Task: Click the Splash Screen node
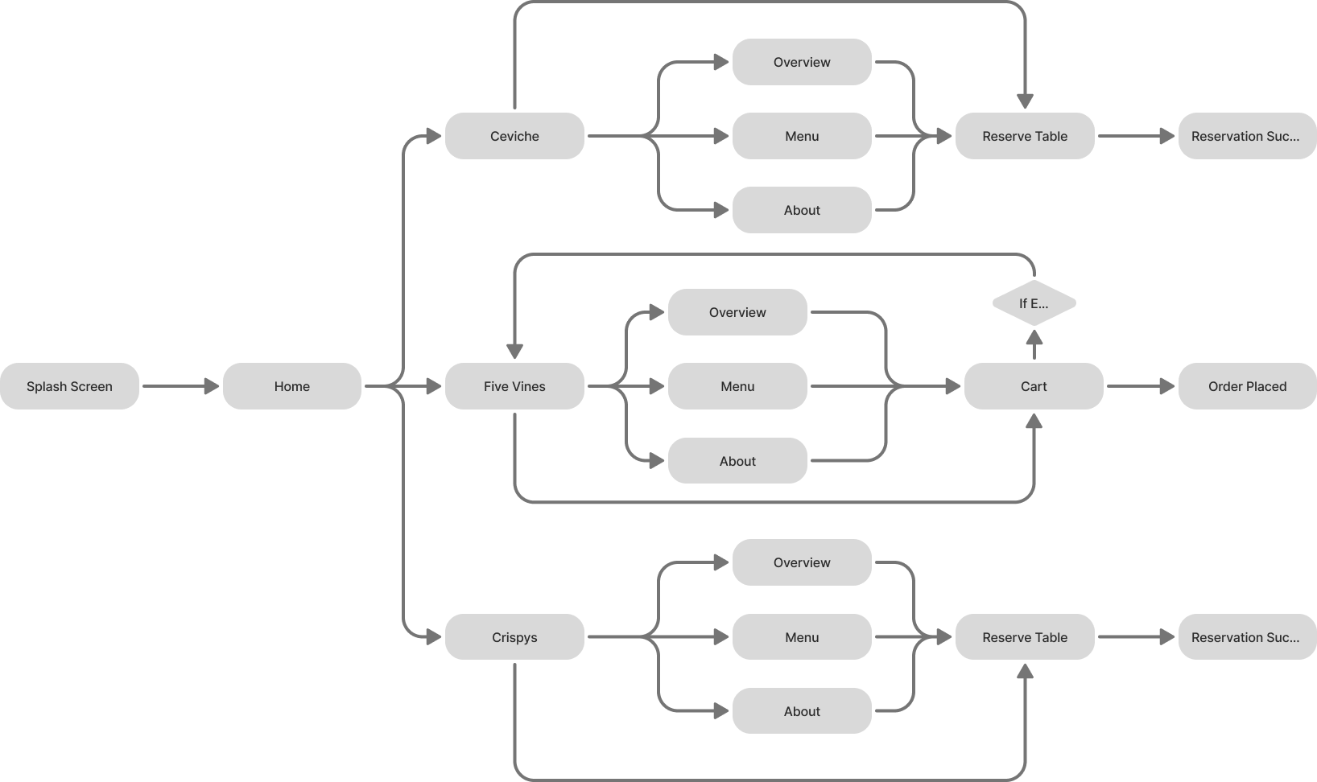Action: [x=69, y=386]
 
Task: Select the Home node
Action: [x=291, y=386]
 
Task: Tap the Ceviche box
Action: [x=514, y=136]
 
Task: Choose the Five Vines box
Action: [x=514, y=386]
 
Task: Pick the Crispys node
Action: [x=514, y=637]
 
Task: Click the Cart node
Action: [x=1034, y=386]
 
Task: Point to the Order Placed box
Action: [x=1247, y=386]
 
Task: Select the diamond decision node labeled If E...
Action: [x=1034, y=303]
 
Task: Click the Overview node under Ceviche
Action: [x=802, y=62]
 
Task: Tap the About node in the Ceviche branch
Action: [x=802, y=210]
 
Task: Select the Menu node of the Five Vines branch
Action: [x=737, y=386]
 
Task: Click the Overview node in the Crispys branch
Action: [x=802, y=562]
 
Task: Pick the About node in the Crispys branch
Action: [x=802, y=711]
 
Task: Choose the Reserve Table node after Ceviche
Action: [x=1024, y=136]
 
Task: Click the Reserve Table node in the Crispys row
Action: [x=1024, y=637]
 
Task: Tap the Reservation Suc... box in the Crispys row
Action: [x=1247, y=637]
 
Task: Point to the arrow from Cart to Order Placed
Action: [x=1140, y=386]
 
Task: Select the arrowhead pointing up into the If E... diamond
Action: [x=1034, y=336]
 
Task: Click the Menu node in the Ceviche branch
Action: [x=802, y=136]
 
